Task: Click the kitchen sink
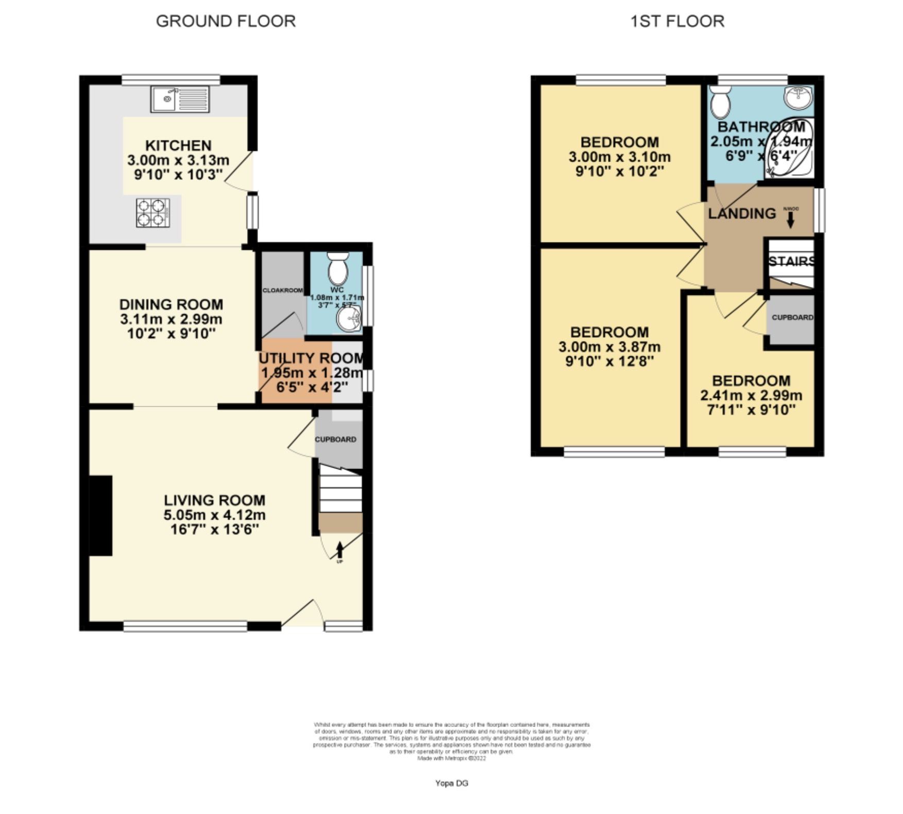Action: point(180,99)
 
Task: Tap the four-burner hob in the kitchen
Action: point(153,213)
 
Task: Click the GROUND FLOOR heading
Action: point(226,21)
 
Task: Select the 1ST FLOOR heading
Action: point(677,21)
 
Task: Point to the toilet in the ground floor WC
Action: point(338,266)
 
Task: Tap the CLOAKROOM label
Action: point(282,290)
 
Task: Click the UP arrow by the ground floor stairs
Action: point(339,550)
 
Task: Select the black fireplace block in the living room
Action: point(101,515)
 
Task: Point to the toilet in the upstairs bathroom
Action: point(720,101)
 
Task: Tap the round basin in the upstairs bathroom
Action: point(797,97)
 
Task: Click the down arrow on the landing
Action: point(790,220)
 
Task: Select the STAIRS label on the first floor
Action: point(791,262)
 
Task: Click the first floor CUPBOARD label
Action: point(792,317)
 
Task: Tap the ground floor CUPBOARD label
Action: point(335,439)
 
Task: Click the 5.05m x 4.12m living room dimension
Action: point(214,514)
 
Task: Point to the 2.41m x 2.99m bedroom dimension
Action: point(751,395)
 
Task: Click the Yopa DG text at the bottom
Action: point(451,783)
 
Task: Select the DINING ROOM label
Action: point(171,304)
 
